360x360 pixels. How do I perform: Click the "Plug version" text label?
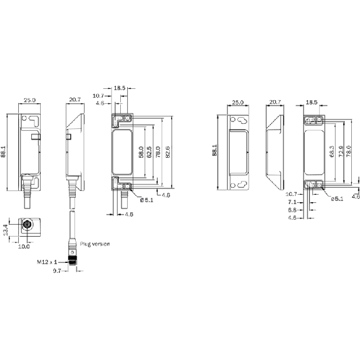[95, 244]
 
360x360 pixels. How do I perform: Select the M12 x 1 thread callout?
[47, 262]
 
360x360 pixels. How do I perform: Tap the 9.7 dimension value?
[57, 271]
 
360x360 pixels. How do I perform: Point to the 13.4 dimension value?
[6, 230]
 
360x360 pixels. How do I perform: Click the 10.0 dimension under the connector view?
[24, 247]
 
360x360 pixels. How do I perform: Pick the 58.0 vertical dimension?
[141, 152]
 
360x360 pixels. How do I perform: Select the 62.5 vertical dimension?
[149, 152]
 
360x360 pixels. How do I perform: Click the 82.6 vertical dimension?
[168, 152]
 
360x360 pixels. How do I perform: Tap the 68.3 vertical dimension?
[332, 152]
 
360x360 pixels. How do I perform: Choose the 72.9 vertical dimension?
[341, 152]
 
